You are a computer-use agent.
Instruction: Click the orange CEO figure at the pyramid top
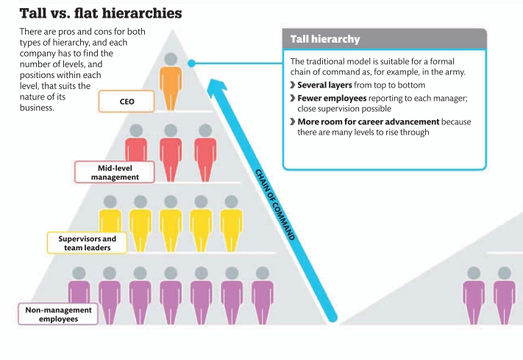click(171, 82)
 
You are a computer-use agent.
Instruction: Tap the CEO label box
click(127, 101)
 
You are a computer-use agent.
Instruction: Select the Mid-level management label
click(114, 172)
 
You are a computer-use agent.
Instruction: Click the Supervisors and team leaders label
click(88, 243)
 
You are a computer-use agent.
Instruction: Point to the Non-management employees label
click(58, 314)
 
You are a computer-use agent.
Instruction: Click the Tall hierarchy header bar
click(384, 39)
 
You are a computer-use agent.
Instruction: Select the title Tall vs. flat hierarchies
click(101, 13)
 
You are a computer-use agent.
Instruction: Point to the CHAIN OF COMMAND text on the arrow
click(275, 204)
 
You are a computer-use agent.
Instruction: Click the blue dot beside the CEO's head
click(191, 63)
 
